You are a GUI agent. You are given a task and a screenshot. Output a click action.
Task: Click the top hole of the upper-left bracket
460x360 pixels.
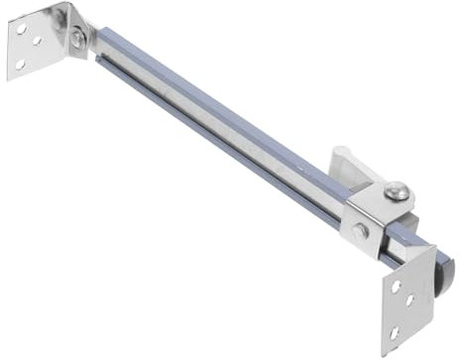22,30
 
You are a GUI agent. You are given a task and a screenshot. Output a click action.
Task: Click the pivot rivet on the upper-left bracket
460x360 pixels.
76,39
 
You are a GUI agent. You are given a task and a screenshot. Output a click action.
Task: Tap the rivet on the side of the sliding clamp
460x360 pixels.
361,230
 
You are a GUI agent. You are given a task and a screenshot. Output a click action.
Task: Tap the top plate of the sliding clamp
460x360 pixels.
382,203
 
